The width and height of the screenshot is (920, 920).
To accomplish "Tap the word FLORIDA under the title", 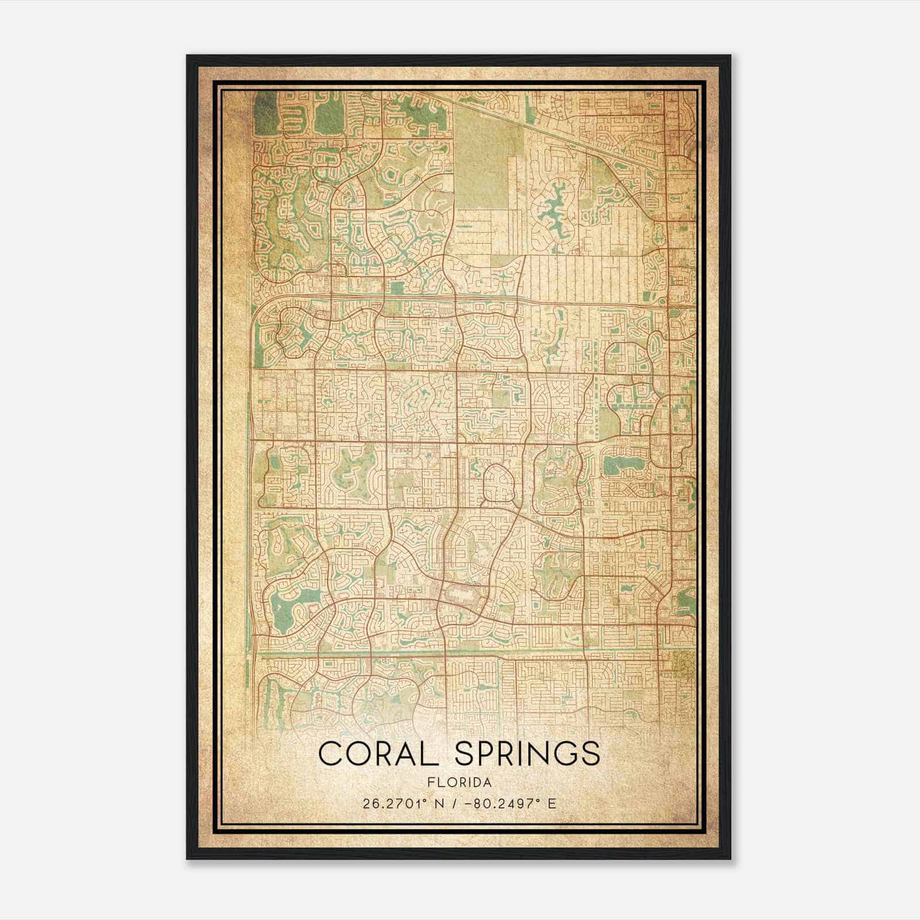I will pyautogui.click(x=459, y=783).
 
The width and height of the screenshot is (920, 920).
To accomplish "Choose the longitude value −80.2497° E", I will pyautogui.click(x=512, y=803).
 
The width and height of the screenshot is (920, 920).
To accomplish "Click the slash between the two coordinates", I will pyautogui.click(x=457, y=803).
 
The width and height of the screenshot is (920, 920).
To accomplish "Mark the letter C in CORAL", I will pyautogui.click(x=329, y=753).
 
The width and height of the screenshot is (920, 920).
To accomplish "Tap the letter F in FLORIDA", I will pyautogui.click(x=430, y=783).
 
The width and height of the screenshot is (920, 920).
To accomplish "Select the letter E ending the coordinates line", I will pyautogui.click(x=552, y=803).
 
